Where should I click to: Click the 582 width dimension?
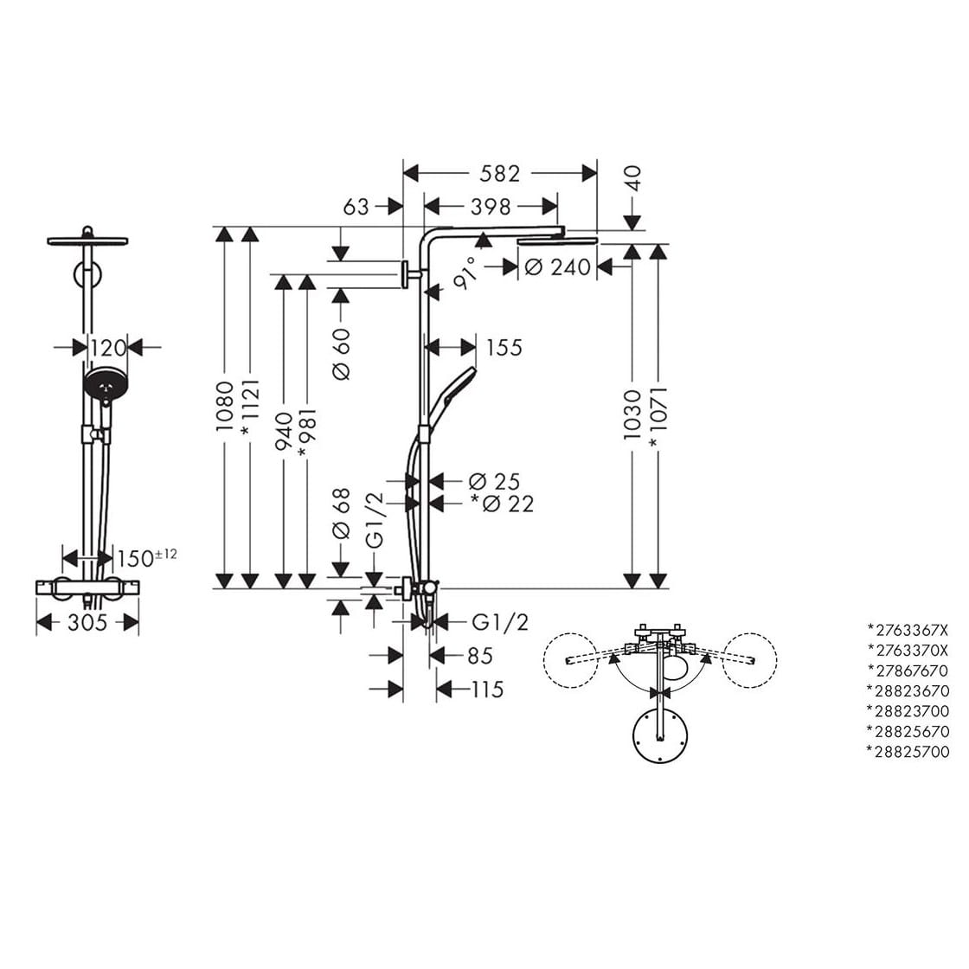pos(500,174)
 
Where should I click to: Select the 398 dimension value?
pos(491,207)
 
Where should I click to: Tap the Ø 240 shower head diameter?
pos(557,267)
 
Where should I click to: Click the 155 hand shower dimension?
pos(504,348)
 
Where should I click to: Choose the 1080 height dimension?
pos(224,407)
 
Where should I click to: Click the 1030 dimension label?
pos(632,414)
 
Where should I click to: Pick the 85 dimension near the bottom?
pos(479,656)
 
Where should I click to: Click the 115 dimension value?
pos(488,690)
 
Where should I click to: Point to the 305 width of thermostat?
pos(87,622)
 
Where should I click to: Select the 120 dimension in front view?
pos(108,348)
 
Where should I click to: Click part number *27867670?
pos(908,671)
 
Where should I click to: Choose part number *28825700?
pos(908,752)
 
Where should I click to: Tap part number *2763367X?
pos(908,629)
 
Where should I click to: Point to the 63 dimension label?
pos(356,207)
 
